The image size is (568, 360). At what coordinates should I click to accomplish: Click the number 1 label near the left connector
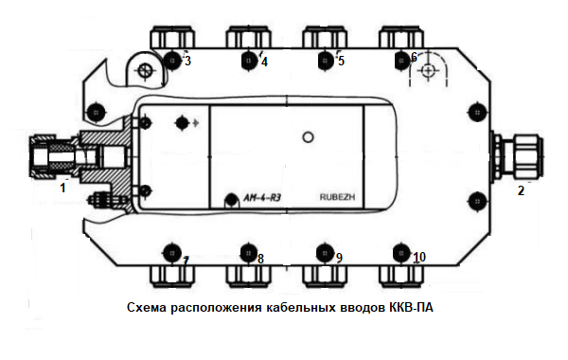[63, 188]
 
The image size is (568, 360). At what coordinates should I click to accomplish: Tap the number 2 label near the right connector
[521, 190]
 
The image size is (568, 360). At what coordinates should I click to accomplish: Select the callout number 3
[187, 61]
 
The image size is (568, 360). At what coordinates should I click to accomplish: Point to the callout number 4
[264, 62]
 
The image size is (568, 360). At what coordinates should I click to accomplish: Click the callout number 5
[341, 61]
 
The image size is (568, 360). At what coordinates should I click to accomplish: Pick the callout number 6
[414, 57]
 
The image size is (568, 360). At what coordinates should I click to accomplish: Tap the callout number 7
[186, 261]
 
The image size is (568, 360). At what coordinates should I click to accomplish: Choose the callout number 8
[260, 259]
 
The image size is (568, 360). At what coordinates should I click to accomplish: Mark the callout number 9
[339, 258]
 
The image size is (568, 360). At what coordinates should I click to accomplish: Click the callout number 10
[419, 257]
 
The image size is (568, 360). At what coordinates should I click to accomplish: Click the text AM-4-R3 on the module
[262, 198]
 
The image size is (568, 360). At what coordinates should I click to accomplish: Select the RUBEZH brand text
[337, 197]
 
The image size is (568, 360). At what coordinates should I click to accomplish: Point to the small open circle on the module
[308, 137]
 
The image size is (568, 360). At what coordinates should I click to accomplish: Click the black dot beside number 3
[172, 61]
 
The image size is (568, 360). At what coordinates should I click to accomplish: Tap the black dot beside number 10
[401, 252]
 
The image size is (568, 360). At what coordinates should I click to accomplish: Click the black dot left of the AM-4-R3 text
[231, 199]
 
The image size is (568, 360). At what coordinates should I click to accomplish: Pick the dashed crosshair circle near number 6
[428, 70]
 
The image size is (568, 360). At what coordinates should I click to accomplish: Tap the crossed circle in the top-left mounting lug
[145, 70]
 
